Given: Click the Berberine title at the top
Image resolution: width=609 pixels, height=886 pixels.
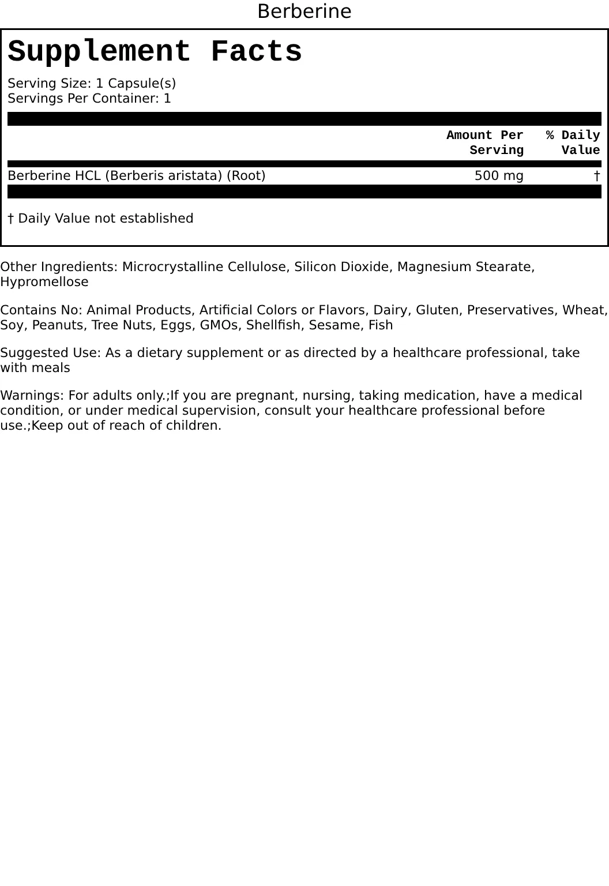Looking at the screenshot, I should [304, 12].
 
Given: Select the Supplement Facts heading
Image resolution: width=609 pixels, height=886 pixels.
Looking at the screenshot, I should [155, 52].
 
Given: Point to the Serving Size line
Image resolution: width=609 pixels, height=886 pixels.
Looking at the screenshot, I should [92, 83].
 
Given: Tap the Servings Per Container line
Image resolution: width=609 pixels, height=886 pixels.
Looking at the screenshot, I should [89, 98].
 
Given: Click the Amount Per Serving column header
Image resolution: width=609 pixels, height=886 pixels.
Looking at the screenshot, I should [485, 142].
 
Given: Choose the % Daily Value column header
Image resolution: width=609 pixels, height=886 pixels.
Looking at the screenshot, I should [573, 142].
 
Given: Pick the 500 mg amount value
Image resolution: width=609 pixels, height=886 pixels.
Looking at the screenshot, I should [499, 175].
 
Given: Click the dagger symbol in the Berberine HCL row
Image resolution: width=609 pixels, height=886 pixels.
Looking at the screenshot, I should [597, 175].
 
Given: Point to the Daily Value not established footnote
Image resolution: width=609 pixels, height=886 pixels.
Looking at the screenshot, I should [100, 218].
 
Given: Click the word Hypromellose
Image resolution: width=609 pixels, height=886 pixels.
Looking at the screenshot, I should [44, 282].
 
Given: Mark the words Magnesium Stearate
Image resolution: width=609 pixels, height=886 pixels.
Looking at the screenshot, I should [465, 267].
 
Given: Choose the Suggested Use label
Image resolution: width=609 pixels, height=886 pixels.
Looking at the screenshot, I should [50, 353].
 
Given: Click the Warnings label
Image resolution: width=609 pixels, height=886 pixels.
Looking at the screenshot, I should [32, 396].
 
